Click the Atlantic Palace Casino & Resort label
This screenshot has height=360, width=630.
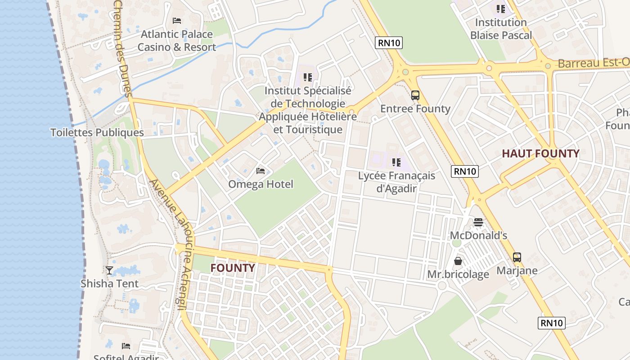pos(176,40)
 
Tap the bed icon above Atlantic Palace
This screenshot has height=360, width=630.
pos(177,21)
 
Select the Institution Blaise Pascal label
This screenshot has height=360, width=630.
pos(501,29)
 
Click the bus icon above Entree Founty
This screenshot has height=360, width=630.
pos(415,95)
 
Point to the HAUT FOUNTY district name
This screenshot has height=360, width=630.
pos(540,154)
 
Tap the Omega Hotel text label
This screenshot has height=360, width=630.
pos(261,184)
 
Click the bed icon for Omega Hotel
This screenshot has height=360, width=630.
pos(261,171)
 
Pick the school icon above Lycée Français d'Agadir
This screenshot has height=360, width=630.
pos(396,162)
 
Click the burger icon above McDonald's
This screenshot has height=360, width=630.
pos(478,222)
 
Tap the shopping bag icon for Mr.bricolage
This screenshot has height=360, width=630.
pos(458,261)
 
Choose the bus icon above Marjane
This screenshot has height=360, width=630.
pos(517,257)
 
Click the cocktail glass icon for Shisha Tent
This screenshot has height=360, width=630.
pos(109,270)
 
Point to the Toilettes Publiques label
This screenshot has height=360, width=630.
pos(97,133)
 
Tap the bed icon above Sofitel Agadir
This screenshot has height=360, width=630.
pos(126,346)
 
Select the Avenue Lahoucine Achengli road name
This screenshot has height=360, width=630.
pos(174,243)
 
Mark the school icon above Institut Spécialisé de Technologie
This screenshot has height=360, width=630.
pos(308,77)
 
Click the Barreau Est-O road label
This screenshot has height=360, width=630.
pos(593,63)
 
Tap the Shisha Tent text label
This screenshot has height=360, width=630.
pos(109,283)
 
